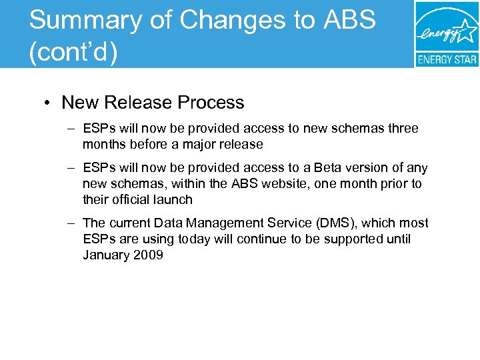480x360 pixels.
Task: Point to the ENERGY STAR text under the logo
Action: pos(447,59)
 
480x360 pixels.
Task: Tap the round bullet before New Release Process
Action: pos(49,103)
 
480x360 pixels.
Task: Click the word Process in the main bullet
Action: pos(211,103)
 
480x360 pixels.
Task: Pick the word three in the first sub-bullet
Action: pos(402,128)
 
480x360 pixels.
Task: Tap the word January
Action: pos(107,255)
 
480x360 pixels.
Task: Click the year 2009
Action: pos(149,255)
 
